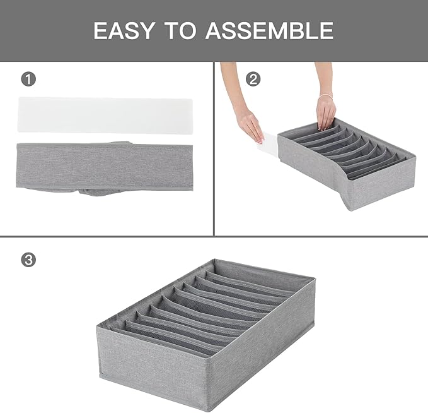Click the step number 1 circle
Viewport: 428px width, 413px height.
[28, 80]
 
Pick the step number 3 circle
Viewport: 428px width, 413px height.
[28, 260]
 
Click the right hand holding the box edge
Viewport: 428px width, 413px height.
[325, 112]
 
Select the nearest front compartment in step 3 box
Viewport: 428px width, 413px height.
[164, 342]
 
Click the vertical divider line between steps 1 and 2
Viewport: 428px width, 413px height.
[214, 148]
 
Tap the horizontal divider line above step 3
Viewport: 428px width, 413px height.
[214, 237]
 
